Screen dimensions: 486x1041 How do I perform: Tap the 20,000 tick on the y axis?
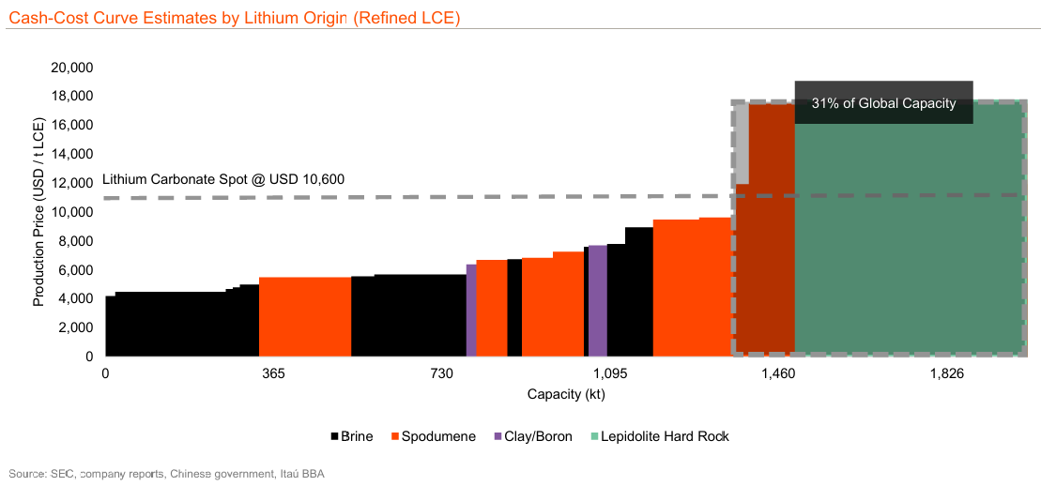tap(71, 68)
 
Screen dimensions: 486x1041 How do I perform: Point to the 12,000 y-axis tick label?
tap(71, 184)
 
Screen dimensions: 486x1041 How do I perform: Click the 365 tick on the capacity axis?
tap(273, 374)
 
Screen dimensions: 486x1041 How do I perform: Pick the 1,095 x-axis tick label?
tap(610, 374)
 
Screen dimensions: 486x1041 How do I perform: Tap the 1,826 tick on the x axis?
tap(946, 374)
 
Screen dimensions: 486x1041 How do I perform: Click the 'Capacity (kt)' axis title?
tap(566, 394)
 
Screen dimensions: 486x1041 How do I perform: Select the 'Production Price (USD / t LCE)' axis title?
tap(39, 211)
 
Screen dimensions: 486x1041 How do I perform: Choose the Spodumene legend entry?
tap(433, 436)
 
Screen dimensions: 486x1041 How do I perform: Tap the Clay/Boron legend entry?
tap(532, 436)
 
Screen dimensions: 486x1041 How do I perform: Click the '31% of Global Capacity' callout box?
tap(883, 102)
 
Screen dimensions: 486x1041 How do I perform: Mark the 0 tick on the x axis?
tap(105, 374)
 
